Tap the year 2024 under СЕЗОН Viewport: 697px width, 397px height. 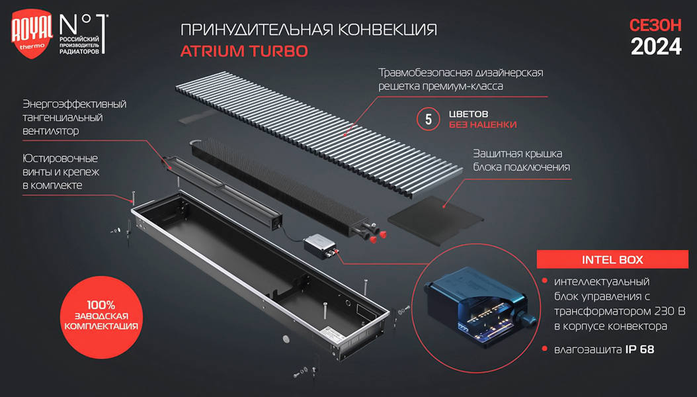tap(655, 46)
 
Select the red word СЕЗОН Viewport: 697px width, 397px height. tap(655, 25)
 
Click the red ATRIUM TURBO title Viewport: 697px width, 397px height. tap(244, 51)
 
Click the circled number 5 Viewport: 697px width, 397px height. tap(429, 119)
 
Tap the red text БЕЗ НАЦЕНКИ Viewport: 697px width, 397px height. tap(482, 124)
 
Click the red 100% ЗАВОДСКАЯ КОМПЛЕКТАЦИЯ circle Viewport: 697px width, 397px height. tap(100, 316)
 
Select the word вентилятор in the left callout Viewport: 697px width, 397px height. tap(50, 131)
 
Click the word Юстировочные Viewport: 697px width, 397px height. tap(60, 159)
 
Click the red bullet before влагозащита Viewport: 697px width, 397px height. tap(544, 349)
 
